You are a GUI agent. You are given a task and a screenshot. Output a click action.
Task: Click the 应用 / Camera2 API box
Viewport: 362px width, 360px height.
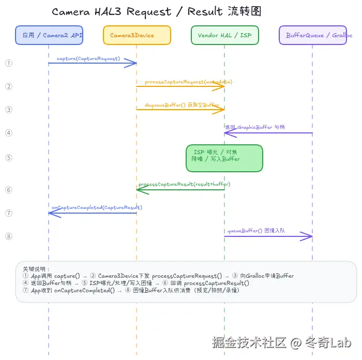click(49, 35)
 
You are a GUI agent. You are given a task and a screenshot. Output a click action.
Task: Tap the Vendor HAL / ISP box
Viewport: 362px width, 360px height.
click(224, 35)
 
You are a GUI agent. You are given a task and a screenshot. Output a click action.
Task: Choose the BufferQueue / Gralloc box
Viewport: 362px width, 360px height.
click(312, 35)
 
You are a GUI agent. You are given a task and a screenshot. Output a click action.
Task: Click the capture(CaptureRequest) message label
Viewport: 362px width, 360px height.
click(88, 58)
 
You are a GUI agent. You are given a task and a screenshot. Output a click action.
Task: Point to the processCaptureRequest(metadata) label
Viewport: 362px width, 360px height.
click(188, 82)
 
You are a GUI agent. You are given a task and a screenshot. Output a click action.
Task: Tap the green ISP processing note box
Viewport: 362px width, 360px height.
click(224, 158)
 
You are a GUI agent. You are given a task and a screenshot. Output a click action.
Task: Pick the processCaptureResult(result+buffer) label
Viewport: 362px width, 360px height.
click(184, 184)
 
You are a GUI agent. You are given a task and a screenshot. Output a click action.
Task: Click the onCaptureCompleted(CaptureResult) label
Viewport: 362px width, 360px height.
click(97, 207)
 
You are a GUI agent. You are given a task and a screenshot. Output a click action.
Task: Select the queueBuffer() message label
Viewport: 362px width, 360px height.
click(256, 231)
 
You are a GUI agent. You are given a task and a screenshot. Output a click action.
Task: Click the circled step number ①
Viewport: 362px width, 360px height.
click(8, 63)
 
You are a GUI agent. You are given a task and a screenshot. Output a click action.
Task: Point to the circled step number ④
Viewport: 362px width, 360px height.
click(8, 133)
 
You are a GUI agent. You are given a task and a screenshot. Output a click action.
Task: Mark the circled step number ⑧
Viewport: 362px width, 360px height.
click(8, 236)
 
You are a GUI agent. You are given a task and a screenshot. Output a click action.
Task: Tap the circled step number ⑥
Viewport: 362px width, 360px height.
click(8, 190)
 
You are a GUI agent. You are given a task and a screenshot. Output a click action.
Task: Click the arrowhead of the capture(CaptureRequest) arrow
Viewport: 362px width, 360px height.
click(132, 63)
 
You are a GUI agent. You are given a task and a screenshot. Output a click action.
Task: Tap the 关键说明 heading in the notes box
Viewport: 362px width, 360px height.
click(36, 269)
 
